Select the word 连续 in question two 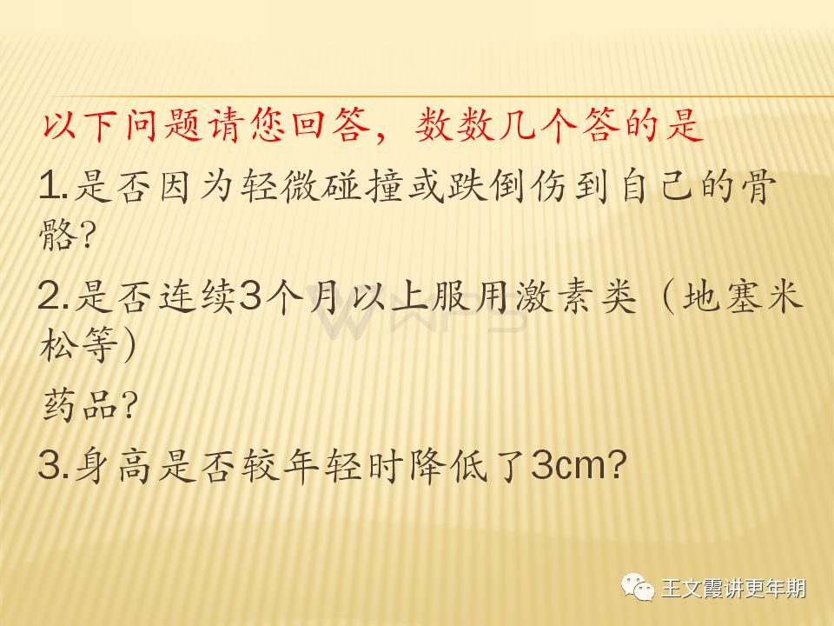click(198, 296)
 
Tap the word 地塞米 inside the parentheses click(742, 296)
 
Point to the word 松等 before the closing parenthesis click(79, 344)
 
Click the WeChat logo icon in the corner click(638, 588)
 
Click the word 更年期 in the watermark click(776, 589)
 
